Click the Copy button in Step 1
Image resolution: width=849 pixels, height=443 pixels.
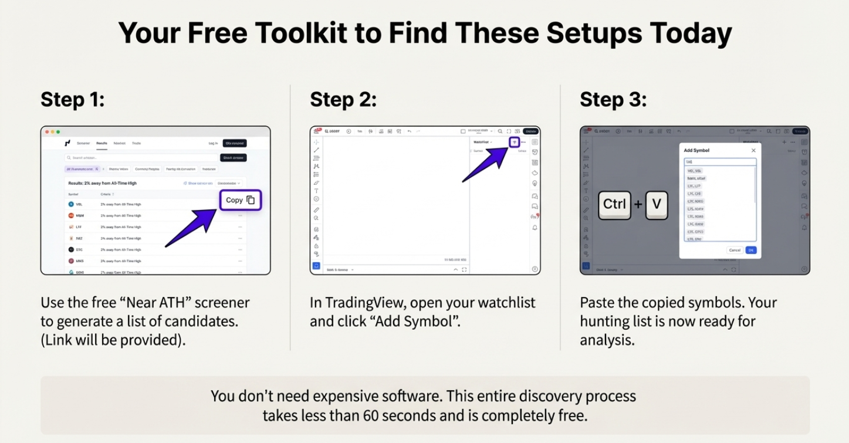click(240, 200)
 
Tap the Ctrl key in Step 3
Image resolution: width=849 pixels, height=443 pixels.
click(614, 204)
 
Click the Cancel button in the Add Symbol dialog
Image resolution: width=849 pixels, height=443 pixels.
click(734, 250)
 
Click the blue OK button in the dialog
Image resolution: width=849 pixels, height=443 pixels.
click(751, 250)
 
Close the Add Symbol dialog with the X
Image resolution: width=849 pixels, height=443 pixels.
click(753, 151)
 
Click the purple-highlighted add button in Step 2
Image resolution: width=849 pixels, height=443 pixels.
click(514, 142)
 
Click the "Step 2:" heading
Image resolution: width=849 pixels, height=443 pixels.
click(343, 100)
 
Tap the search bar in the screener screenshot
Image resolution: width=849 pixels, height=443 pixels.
click(141, 158)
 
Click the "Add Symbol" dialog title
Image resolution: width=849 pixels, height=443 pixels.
click(696, 151)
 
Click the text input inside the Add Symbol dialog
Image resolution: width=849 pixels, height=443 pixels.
click(720, 162)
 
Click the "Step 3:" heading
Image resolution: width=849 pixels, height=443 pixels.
click(613, 100)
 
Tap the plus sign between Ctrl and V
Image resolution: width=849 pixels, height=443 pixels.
click(638, 205)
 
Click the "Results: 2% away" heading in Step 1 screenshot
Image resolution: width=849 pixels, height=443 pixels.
click(103, 183)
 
